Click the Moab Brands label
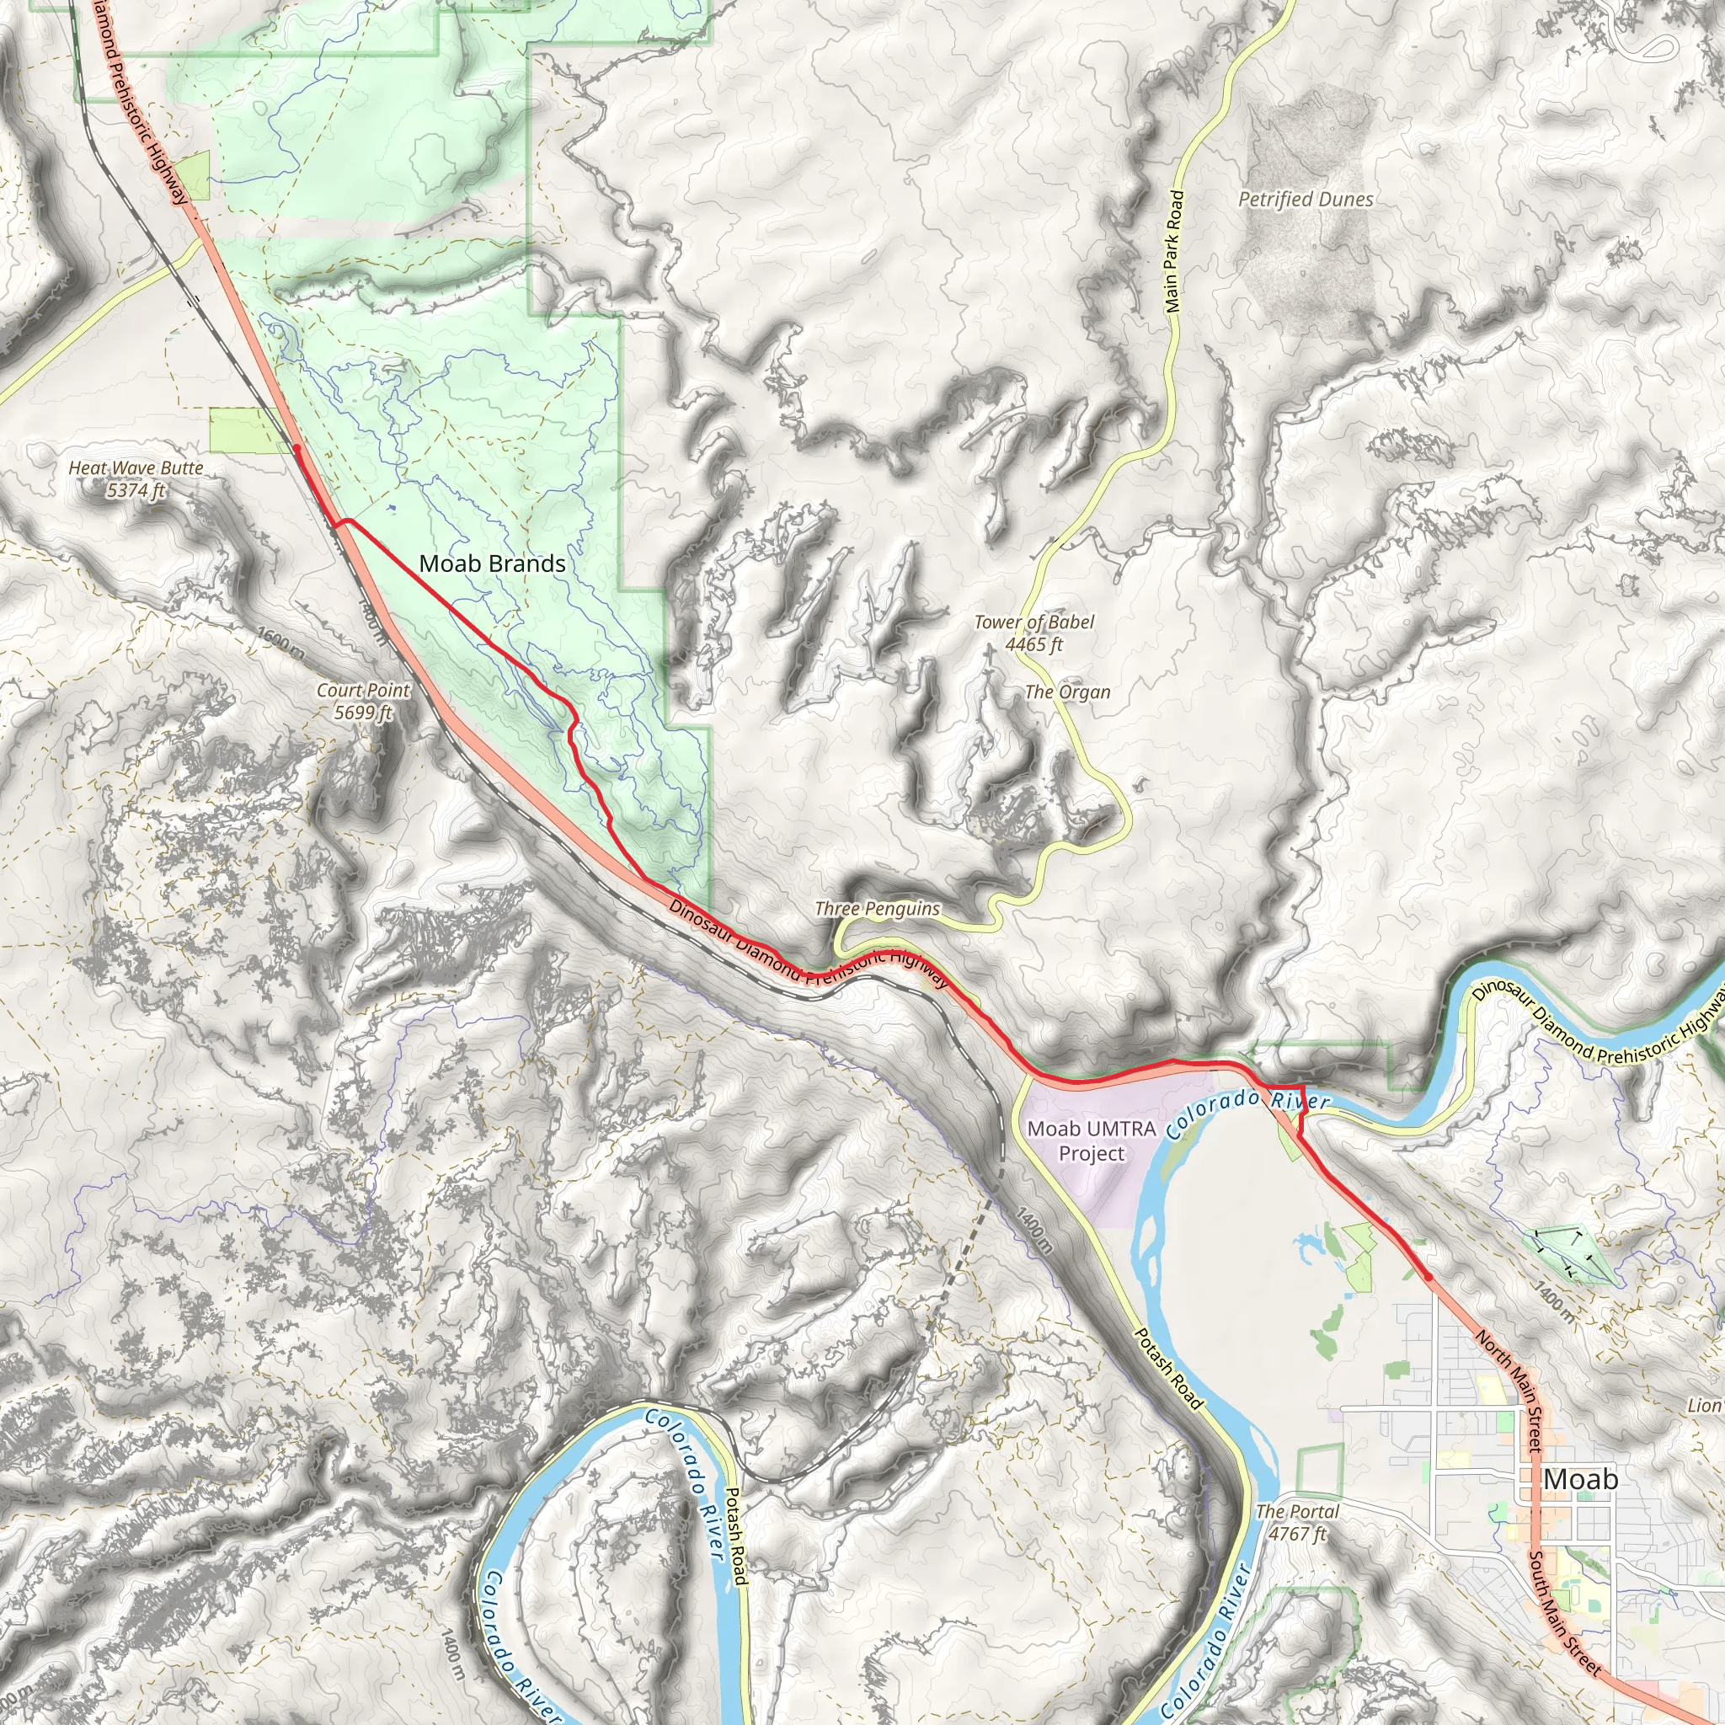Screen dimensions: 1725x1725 pos(492,563)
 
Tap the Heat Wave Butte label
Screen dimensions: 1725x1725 pos(136,478)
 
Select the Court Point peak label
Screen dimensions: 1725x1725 pos(362,701)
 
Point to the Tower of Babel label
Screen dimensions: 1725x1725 pos(1034,633)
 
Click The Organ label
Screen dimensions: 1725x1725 pos(1067,692)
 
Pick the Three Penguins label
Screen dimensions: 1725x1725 pos(877,909)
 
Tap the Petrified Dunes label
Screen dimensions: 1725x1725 pos(1306,199)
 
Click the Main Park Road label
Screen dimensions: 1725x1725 pos(1174,251)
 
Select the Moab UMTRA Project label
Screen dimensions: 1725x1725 pos(1091,1140)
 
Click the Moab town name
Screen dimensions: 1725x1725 pos(1579,1478)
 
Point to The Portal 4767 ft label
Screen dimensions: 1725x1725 pos(1296,1522)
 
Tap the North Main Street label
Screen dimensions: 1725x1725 pos(1509,1391)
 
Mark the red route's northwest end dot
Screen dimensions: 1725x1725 pos(297,449)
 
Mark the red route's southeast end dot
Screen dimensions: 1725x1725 pos(1428,1278)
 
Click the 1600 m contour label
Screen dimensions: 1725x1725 pos(280,644)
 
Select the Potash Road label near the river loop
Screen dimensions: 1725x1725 pos(734,1535)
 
